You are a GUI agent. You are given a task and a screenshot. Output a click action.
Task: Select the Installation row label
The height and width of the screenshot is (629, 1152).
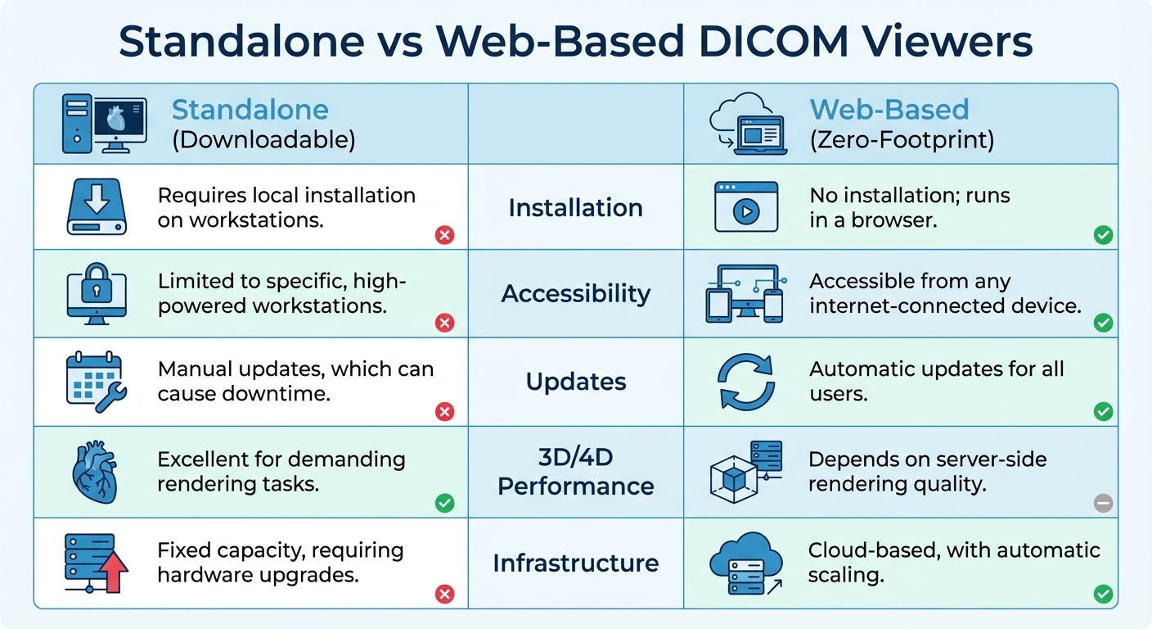575,208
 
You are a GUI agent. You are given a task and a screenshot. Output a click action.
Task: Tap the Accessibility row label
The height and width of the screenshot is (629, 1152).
575,294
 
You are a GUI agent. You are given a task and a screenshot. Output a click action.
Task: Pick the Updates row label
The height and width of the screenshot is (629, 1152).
575,382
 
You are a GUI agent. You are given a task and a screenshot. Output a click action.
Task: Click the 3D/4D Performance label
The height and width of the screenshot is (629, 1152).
575,472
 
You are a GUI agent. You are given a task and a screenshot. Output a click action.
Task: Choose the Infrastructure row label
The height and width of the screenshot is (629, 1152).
575,563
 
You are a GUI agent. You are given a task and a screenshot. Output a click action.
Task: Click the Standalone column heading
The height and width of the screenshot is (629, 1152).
250,110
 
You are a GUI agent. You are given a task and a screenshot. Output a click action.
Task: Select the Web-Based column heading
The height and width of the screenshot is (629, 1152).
889,110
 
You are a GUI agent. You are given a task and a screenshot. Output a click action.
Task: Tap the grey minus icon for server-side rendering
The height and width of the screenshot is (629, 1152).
1103,504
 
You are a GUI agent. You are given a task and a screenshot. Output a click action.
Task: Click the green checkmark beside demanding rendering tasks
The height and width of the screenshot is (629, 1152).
444,503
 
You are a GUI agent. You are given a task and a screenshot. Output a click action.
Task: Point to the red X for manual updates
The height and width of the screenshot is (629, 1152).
444,411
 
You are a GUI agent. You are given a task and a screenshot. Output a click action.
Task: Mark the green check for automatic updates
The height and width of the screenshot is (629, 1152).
1103,411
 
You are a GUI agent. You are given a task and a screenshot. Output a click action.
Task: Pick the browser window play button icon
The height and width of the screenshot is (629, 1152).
745,207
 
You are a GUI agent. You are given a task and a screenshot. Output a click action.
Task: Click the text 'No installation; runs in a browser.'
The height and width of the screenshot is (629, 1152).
909,208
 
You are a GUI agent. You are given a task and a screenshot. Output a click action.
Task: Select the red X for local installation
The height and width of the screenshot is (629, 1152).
444,236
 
